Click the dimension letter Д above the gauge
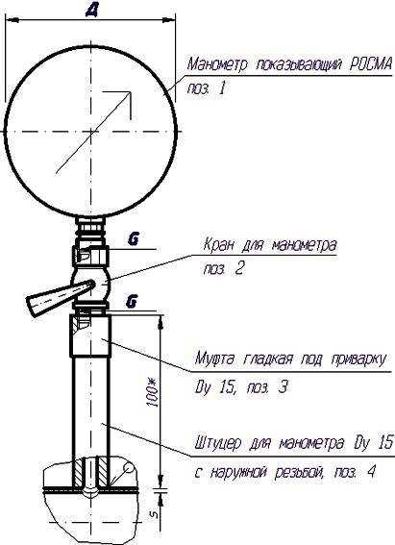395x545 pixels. pyautogui.click(x=91, y=11)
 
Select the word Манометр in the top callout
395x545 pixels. pyautogui.click(x=218, y=64)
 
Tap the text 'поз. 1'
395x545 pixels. pyautogui.click(x=207, y=87)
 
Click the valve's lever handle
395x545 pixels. pyautogui.click(x=59, y=295)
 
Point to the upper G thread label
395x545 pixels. pyautogui.click(x=133, y=240)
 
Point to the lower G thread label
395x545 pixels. pyautogui.click(x=131, y=302)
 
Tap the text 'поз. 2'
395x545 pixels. pyautogui.click(x=224, y=269)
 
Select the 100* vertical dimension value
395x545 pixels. pyautogui.click(x=154, y=394)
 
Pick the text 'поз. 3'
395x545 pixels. pyautogui.click(x=267, y=386)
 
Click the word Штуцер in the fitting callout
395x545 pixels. pyautogui.click(x=217, y=444)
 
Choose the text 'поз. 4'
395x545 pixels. pyautogui.click(x=355, y=472)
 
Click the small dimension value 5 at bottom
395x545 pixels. pyautogui.click(x=156, y=514)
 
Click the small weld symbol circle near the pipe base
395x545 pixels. pyautogui.click(x=128, y=468)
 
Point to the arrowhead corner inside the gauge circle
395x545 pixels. pyautogui.click(x=131, y=92)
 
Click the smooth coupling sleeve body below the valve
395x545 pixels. pyautogui.click(x=91, y=335)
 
